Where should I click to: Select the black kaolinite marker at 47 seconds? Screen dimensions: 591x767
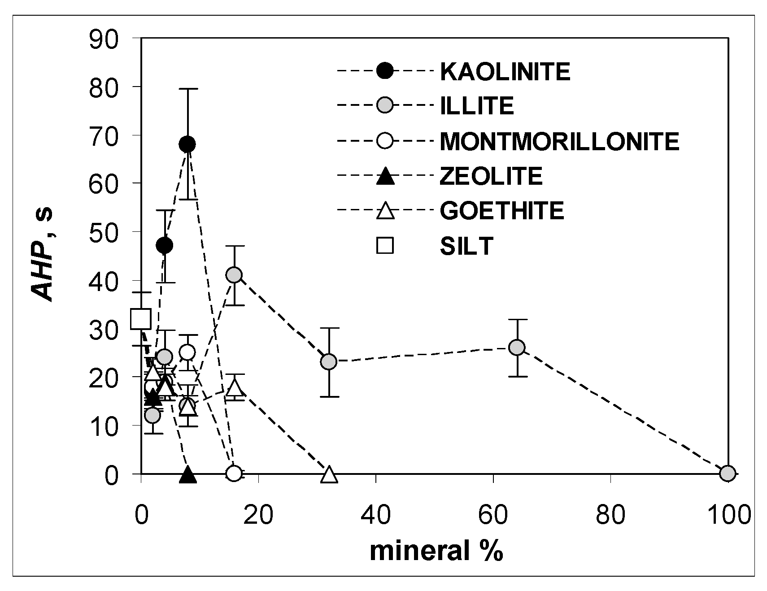165,245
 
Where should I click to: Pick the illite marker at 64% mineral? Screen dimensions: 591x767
517,347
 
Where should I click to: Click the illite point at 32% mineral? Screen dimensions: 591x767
329,361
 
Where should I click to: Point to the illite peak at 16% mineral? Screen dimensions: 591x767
234,275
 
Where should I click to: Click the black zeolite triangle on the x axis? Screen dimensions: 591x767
188,475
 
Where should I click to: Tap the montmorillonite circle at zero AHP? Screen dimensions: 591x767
234,473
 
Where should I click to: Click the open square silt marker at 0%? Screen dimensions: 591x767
141,319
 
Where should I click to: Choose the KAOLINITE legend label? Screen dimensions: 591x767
505,71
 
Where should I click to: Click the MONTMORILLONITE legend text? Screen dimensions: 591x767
559,141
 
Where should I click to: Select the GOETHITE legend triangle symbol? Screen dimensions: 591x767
385,211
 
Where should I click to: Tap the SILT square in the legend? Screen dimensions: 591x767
385,246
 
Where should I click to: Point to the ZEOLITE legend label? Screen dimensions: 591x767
491,176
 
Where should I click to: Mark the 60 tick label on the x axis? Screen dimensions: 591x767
493,514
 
